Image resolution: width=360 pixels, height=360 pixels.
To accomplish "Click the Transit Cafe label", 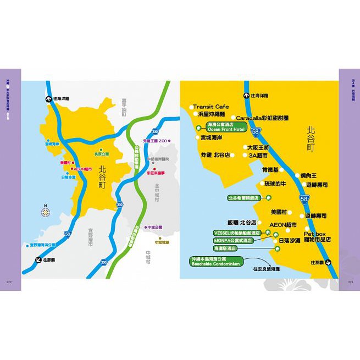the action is tap(211, 107).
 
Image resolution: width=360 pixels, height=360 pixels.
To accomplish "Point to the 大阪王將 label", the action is tap(258, 147).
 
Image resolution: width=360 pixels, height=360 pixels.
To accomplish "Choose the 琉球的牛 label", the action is tap(276, 184).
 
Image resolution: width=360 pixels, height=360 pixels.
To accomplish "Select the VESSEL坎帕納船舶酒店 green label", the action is tap(236, 233).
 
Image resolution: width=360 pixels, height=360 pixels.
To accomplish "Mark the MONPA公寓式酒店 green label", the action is tap(232, 241).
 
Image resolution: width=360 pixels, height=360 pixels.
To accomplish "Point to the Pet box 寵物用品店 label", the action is tap(318, 236).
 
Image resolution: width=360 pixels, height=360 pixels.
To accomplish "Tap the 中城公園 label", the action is tap(152, 227).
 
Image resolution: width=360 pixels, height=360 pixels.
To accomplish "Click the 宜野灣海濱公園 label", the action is tap(42, 245).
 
